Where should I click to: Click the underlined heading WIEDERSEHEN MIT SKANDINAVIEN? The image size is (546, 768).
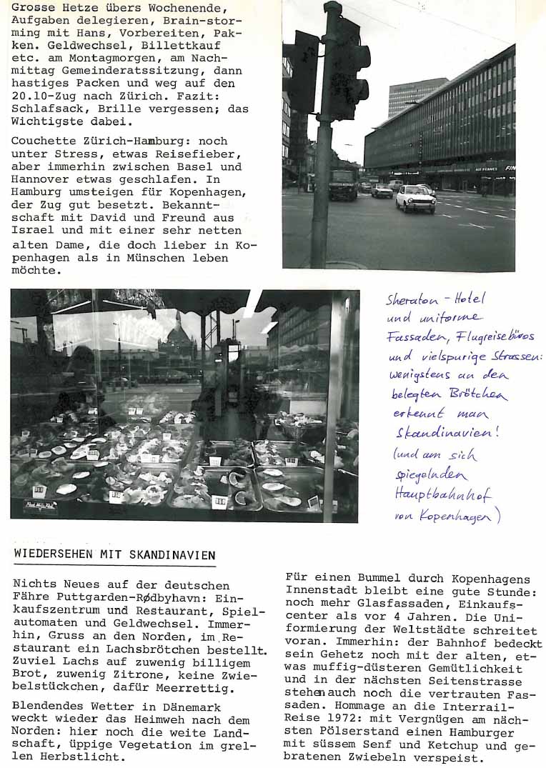click(x=114, y=554)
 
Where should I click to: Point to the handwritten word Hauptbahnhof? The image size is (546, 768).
click(x=442, y=494)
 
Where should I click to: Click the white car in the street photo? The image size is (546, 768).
click(x=415, y=199)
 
